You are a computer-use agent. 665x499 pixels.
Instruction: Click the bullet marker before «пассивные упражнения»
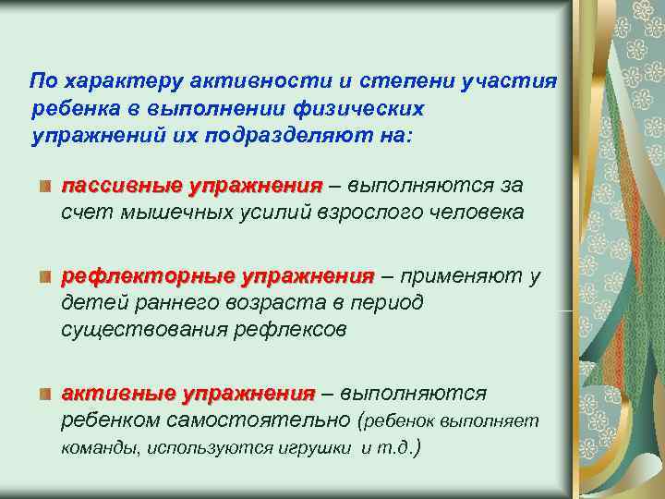point(44,187)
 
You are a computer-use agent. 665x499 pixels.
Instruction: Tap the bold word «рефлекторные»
point(148,275)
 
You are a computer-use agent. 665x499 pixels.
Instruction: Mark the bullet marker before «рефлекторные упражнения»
point(44,277)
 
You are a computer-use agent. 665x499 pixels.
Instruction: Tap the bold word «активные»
point(117,393)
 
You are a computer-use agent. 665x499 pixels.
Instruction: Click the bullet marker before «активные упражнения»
point(44,395)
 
